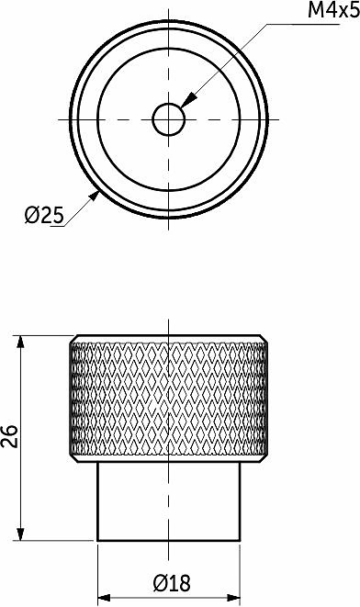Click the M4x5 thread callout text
(x=333, y=10)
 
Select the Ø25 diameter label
(x=44, y=215)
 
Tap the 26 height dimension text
(x=10, y=436)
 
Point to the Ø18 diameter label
(x=172, y=583)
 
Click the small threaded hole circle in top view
(x=168, y=119)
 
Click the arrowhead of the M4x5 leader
(x=188, y=101)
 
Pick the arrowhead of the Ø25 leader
(x=94, y=196)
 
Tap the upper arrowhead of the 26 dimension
(x=20, y=344)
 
